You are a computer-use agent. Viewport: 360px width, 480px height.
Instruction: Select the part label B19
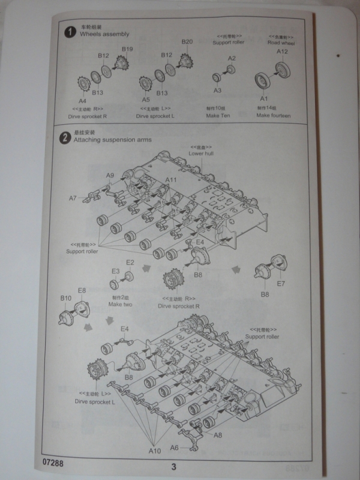(x=127, y=49)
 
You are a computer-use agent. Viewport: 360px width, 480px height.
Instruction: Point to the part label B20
(x=187, y=42)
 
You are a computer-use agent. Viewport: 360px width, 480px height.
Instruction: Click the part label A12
(x=283, y=52)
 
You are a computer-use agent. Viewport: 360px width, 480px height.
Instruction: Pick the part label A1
(x=263, y=98)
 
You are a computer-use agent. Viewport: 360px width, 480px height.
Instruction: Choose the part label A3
(x=218, y=91)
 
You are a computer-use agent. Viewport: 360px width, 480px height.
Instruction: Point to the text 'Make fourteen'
(x=273, y=115)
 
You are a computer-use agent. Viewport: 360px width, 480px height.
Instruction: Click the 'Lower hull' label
(x=201, y=154)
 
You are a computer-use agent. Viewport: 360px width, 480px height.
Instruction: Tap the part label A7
(x=73, y=198)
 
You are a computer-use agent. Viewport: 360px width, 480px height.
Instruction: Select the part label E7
(x=281, y=283)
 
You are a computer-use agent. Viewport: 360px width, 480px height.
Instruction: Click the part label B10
(x=66, y=298)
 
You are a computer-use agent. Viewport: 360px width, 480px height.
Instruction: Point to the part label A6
(x=174, y=447)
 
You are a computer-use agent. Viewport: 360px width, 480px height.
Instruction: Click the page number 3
(x=173, y=467)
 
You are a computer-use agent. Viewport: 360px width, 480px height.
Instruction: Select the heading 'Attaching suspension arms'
(x=112, y=140)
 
